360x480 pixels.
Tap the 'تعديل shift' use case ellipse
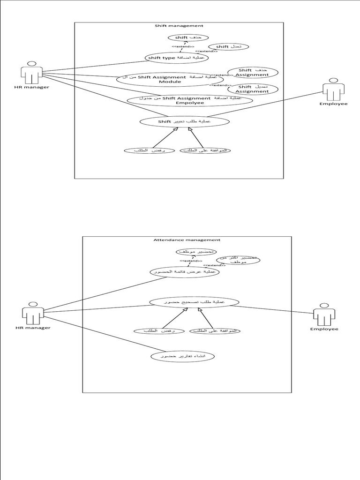[x=228, y=47]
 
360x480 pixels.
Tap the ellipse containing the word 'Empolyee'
[x=190, y=100]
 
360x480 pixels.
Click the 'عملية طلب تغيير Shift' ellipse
[x=185, y=121]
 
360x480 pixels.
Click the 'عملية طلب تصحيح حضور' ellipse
[x=194, y=302]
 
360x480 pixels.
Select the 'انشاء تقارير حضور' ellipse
[x=182, y=357]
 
